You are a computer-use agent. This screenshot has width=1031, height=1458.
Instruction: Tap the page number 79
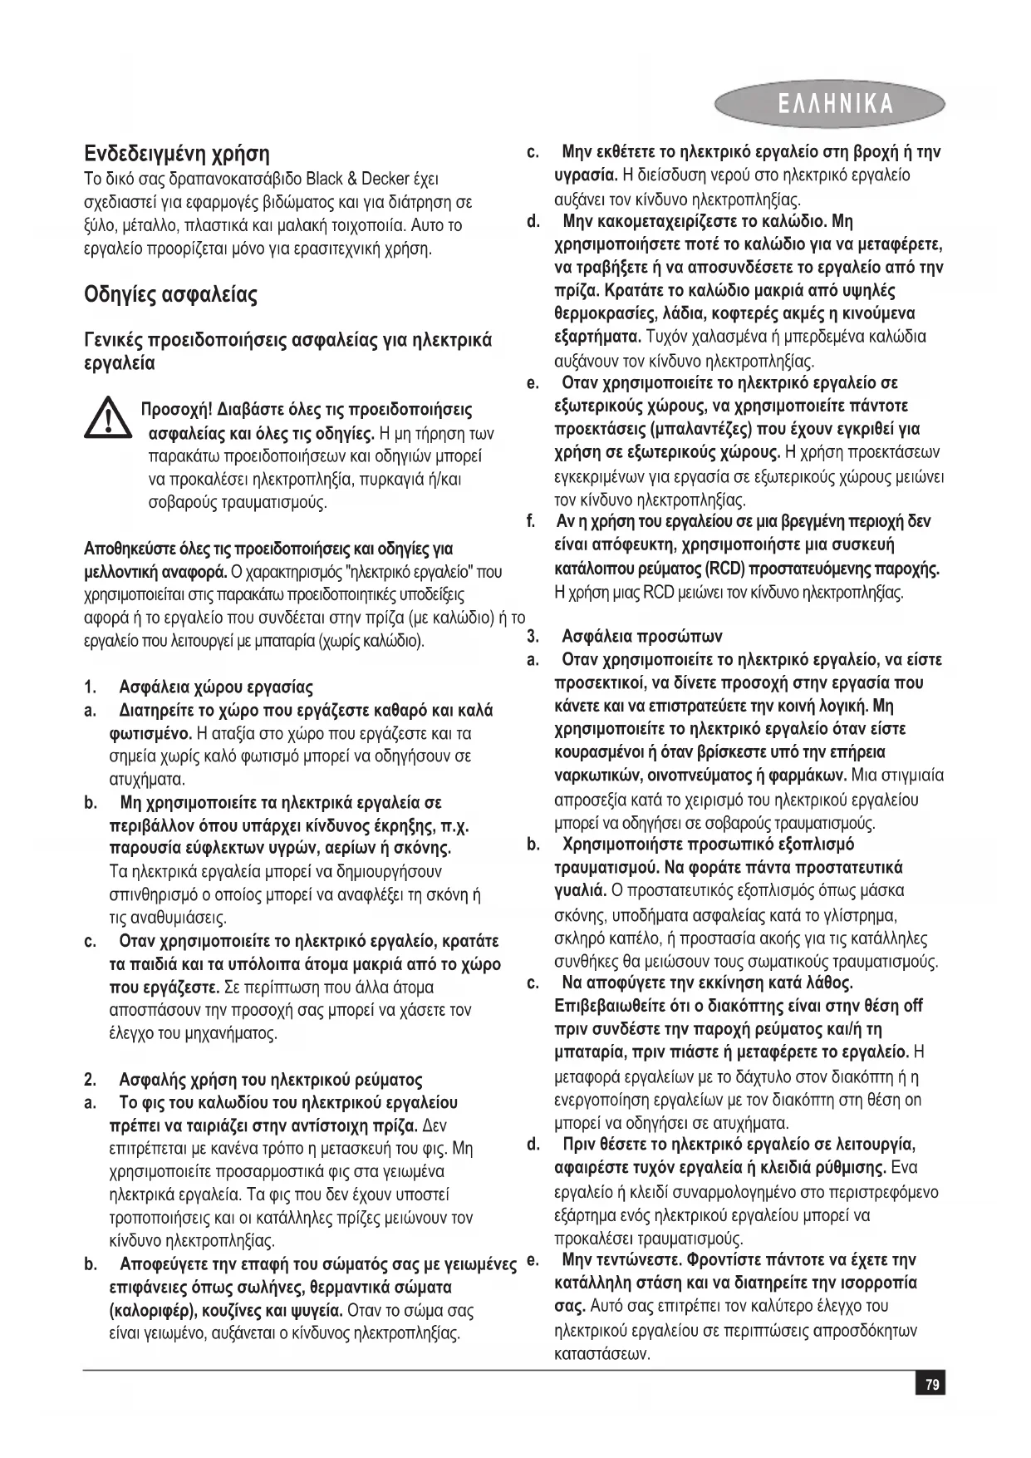pyautogui.click(x=932, y=1384)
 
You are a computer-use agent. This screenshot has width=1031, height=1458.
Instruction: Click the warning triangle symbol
pyautogui.click(x=107, y=418)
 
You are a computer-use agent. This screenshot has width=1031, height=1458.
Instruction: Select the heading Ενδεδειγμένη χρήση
pyautogui.click(x=177, y=154)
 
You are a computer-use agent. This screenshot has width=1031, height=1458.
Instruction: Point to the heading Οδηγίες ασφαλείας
pyautogui.click(x=171, y=295)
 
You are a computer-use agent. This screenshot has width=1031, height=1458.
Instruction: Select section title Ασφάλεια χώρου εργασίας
pyautogui.click(x=216, y=687)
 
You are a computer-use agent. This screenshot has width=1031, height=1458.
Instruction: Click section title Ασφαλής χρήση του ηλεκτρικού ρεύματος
pyautogui.click(x=271, y=1080)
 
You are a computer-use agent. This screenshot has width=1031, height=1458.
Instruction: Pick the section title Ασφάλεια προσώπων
pyautogui.click(x=642, y=637)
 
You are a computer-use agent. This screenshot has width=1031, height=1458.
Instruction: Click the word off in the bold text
pyautogui.click(x=912, y=1007)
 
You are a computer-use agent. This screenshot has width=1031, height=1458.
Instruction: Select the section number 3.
pyautogui.click(x=533, y=637)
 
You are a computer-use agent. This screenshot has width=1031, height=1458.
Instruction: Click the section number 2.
pyautogui.click(x=89, y=1080)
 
